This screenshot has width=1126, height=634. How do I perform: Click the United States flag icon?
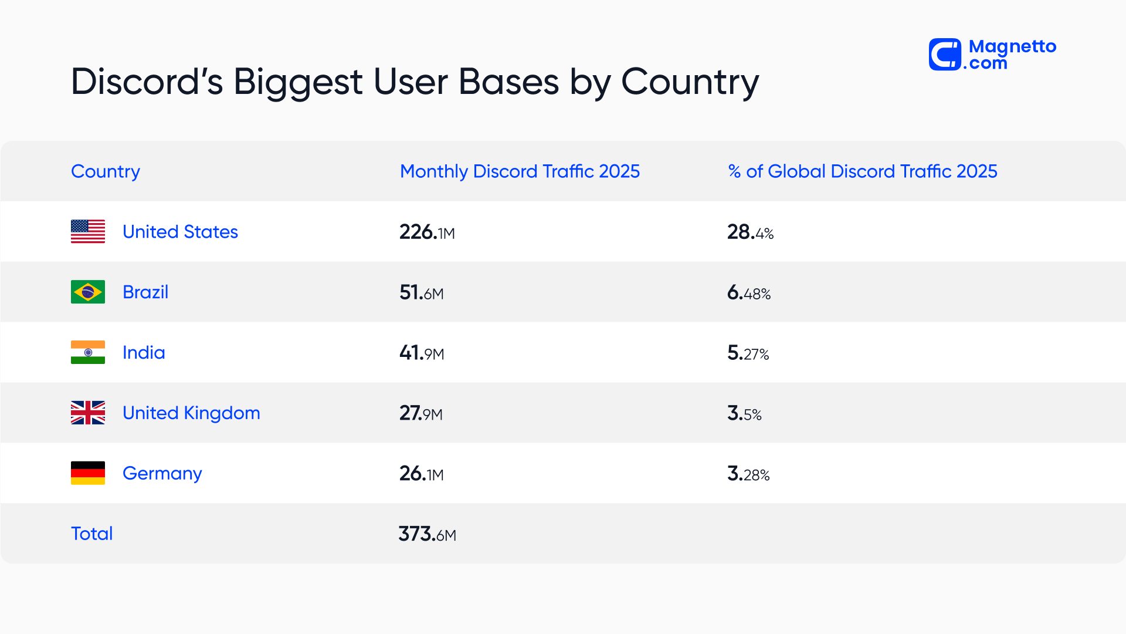pyautogui.click(x=88, y=231)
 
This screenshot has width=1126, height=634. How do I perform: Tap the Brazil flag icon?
pyautogui.click(x=88, y=292)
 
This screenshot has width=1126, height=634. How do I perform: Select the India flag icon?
pyautogui.click(x=88, y=352)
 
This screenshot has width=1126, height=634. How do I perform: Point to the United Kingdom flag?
pyautogui.click(x=88, y=413)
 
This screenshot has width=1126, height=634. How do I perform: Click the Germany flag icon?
pyautogui.click(x=88, y=473)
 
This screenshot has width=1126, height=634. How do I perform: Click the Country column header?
pyautogui.click(x=106, y=171)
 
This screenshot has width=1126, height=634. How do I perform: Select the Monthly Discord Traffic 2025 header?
pyautogui.click(x=520, y=171)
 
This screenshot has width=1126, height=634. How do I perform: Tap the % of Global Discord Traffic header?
pyautogui.click(x=862, y=171)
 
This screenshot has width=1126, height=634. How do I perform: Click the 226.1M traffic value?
pyautogui.click(x=427, y=232)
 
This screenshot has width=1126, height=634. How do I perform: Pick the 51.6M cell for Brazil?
pyautogui.click(x=421, y=293)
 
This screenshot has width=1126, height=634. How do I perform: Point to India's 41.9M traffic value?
pyautogui.click(x=421, y=353)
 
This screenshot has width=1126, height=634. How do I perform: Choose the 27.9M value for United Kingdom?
pyautogui.click(x=420, y=414)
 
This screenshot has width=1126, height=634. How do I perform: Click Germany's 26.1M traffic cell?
pyautogui.click(x=421, y=474)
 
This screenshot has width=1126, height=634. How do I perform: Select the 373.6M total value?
pyautogui.click(x=427, y=534)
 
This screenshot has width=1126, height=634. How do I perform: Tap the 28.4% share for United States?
pyautogui.click(x=750, y=232)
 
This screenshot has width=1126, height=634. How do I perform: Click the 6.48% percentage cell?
pyautogui.click(x=748, y=293)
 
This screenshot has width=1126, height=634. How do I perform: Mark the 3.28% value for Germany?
pyautogui.click(x=748, y=474)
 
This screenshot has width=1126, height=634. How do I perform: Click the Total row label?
pyautogui.click(x=91, y=534)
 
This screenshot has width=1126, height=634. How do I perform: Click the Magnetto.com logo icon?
pyautogui.click(x=945, y=55)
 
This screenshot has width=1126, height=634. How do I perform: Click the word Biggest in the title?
pyautogui.click(x=297, y=82)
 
